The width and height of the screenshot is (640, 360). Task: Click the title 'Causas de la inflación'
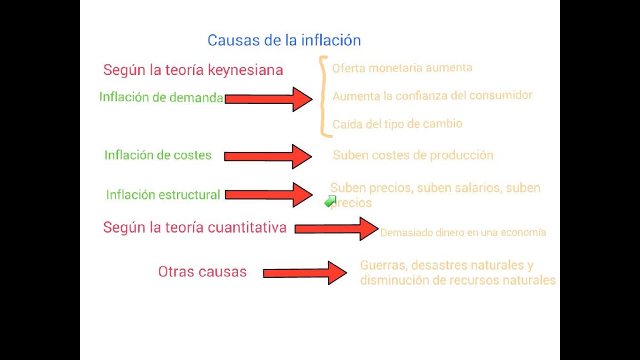coord(284,40)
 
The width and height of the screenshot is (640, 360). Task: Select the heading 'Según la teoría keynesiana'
coord(193,70)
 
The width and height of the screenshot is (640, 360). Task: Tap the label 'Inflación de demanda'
coord(161,97)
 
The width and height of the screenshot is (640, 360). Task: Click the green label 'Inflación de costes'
coord(158,155)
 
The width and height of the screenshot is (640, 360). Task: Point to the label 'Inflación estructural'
coord(163,195)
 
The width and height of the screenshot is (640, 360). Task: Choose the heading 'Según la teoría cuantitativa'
coord(194,228)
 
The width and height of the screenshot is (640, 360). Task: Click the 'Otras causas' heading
coord(202,272)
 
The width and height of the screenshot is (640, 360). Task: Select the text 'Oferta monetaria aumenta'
coord(402,67)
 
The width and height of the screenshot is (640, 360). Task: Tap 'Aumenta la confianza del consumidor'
coord(432,95)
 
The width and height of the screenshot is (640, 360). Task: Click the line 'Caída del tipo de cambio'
coord(397,124)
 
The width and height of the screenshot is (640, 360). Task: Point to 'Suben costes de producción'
coord(413,155)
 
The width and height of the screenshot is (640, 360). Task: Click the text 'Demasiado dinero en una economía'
coord(463,232)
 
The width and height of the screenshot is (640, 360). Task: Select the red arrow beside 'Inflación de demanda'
coord(268,99)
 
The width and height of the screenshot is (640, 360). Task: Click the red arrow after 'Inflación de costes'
coord(268,156)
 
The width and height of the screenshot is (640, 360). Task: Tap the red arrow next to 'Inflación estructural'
coord(268,195)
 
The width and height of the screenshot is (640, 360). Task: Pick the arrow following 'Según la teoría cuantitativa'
coord(336,228)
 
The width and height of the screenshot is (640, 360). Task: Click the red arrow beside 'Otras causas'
coord(304,273)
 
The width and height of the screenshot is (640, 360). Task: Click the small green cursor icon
coord(330,201)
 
